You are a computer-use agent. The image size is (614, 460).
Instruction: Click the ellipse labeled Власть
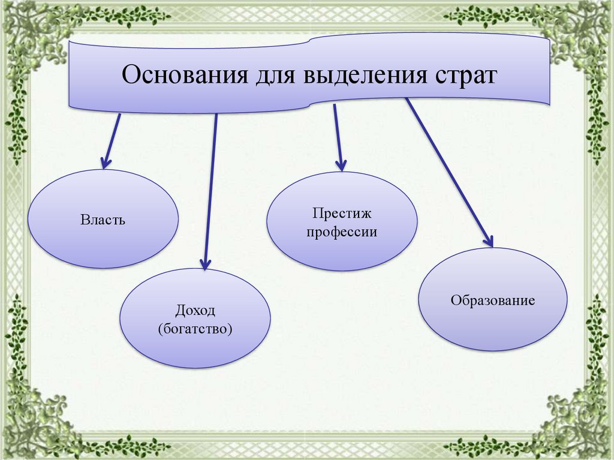pyautogui.click(x=103, y=240)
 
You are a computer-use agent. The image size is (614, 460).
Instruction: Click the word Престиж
pyautogui.click(x=342, y=213)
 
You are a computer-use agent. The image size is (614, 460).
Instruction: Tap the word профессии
pyautogui.click(x=342, y=231)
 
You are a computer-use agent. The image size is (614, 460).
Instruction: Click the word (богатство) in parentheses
pyautogui.click(x=195, y=329)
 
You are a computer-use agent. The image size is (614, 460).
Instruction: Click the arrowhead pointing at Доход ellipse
pyautogui.click(x=205, y=263)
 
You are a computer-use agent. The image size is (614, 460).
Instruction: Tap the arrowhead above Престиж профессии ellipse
pyautogui.click(x=341, y=165)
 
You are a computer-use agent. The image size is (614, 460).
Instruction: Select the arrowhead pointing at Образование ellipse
pyautogui.click(x=488, y=241)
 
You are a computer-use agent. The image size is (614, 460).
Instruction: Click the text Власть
pyautogui.click(x=103, y=220)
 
